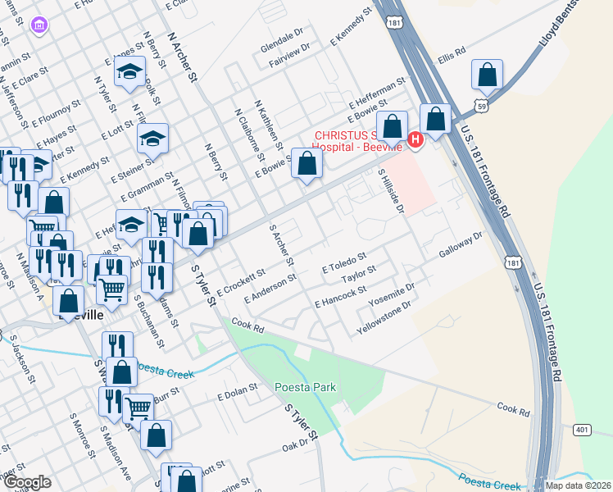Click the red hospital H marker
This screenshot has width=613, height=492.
[415, 141]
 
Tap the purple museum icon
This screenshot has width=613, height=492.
[38, 26]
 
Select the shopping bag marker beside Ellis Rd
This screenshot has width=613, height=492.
[487, 75]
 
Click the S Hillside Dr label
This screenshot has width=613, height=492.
[392, 190]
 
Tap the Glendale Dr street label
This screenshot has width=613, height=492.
[282, 39]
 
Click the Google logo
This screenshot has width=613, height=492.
[28, 482]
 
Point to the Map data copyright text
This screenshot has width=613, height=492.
[579, 485]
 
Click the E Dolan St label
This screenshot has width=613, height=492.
[238, 395]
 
